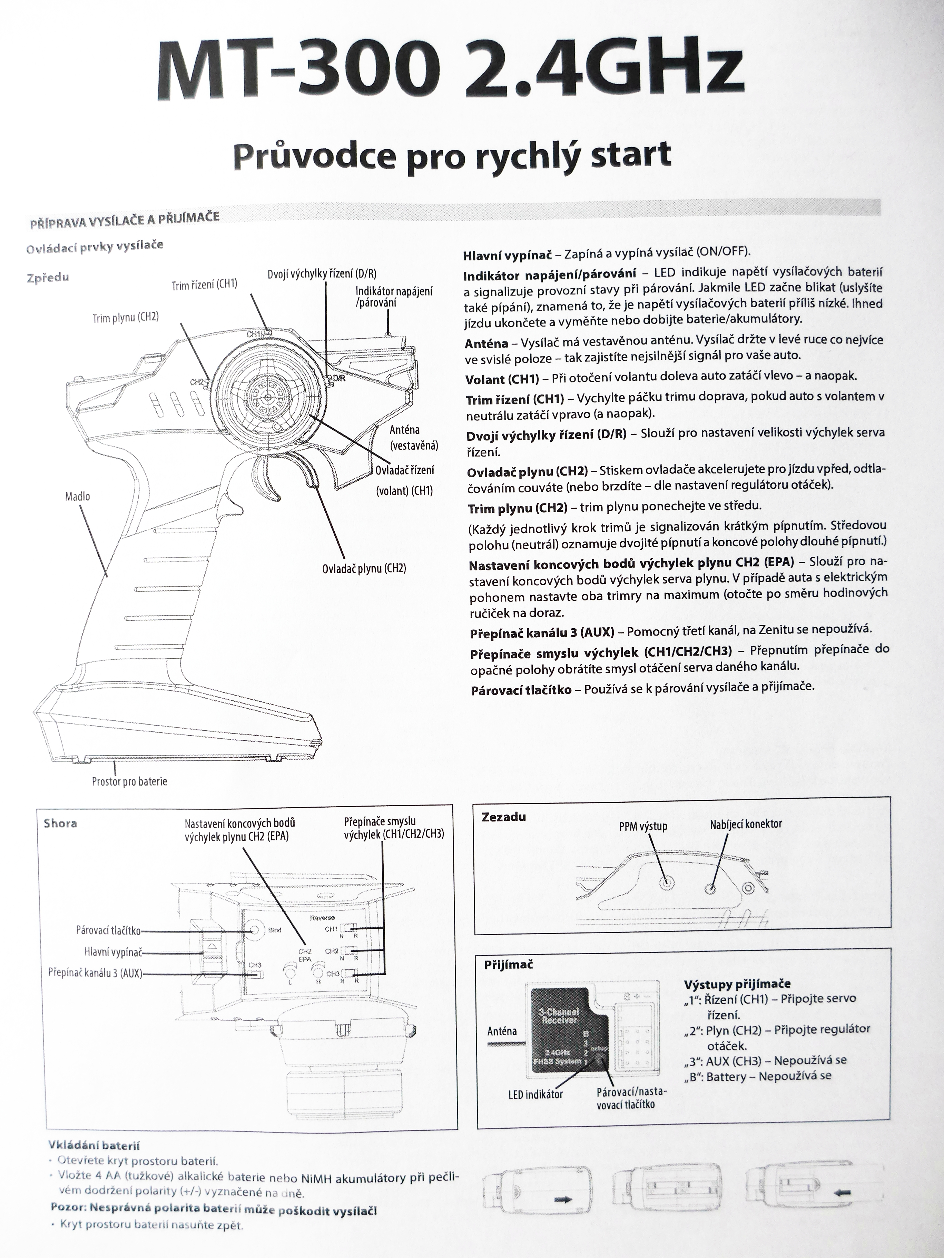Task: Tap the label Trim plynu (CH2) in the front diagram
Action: [125, 317]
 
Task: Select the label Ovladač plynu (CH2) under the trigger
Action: [364, 568]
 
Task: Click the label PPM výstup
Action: [643, 826]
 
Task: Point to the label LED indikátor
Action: [535, 1094]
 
